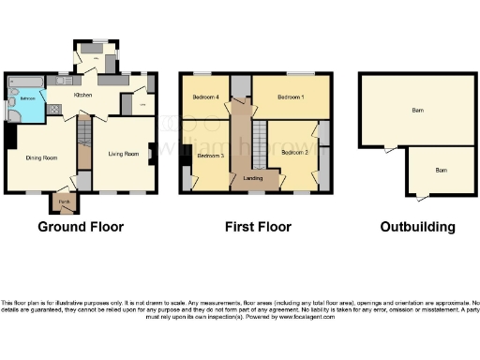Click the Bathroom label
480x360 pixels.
click(x=28, y=97)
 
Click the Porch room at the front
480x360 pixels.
click(x=64, y=202)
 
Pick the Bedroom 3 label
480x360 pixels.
click(x=210, y=156)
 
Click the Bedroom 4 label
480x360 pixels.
click(x=206, y=97)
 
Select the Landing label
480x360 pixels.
click(x=253, y=177)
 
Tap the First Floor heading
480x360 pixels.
click(x=259, y=227)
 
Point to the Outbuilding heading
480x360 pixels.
click(x=417, y=227)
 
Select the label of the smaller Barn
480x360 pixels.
click(x=440, y=170)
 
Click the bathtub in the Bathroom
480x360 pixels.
click(x=25, y=82)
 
